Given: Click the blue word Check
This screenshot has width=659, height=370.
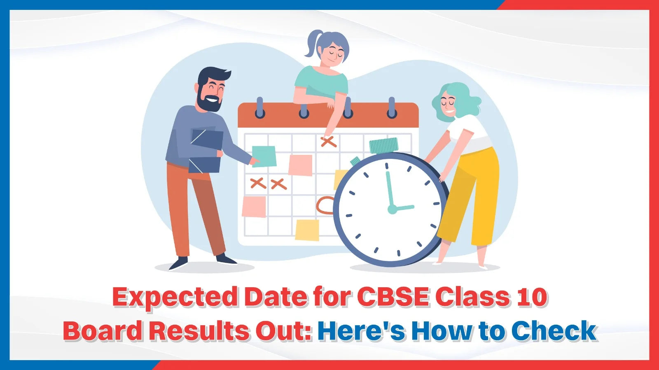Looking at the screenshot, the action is click(x=554, y=330).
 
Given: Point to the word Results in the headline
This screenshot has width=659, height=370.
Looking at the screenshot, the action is click(x=199, y=330).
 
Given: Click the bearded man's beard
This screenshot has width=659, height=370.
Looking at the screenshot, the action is click(x=208, y=101).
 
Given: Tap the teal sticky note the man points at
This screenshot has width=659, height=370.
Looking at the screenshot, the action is click(x=264, y=156).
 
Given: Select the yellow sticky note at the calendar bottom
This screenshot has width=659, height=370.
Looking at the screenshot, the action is click(x=307, y=230).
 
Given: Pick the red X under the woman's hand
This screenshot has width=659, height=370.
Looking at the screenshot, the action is click(x=329, y=142).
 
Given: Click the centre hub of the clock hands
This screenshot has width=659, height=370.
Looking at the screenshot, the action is click(x=392, y=209).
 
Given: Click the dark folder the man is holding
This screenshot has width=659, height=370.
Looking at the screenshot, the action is click(x=206, y=151).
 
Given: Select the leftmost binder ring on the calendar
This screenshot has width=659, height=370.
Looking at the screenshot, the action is click(x=260, y=108).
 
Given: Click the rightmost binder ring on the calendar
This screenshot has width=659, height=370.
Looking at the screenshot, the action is click(x=392, y=108).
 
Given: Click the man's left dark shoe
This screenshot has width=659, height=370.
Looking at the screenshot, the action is click(x=178, y=263).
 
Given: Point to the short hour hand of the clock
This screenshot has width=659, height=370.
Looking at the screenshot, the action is click(x=403, y=208).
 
